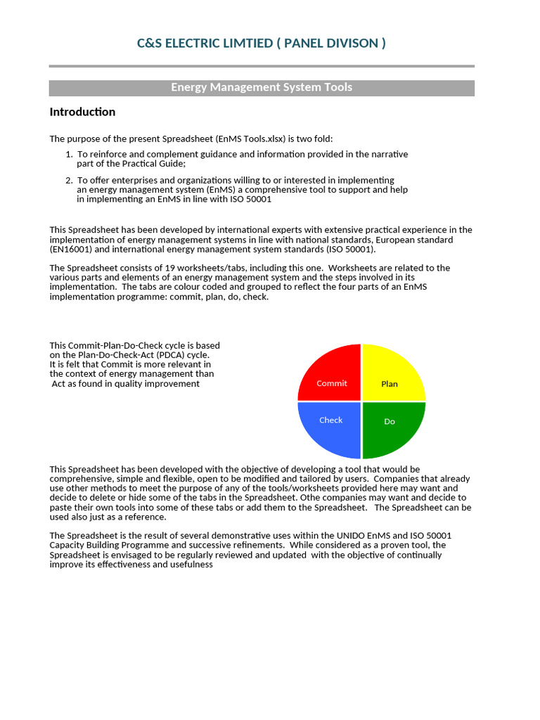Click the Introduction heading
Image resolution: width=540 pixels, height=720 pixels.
(x=82, y=112)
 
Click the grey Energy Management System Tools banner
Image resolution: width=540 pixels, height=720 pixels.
(x=262, y=88)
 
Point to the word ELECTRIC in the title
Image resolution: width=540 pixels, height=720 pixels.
(x=203, y=44)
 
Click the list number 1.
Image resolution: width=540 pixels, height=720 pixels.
(x=68, y=154)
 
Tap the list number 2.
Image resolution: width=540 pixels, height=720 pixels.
(x=68, y=181)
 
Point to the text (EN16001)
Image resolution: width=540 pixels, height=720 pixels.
(x=71, y=249)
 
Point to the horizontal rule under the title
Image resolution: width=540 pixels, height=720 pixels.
(x=262, y=66)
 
